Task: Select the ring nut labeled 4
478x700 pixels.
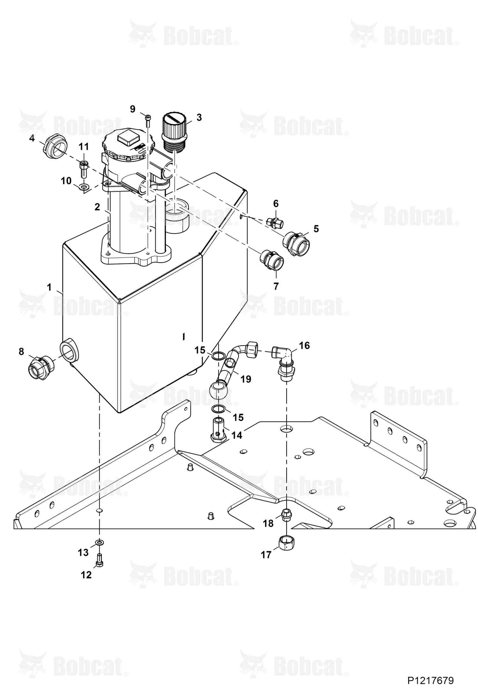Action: point(56,145)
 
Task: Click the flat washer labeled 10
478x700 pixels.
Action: point(84,186)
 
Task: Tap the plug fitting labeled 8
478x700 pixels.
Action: point(41,367)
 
